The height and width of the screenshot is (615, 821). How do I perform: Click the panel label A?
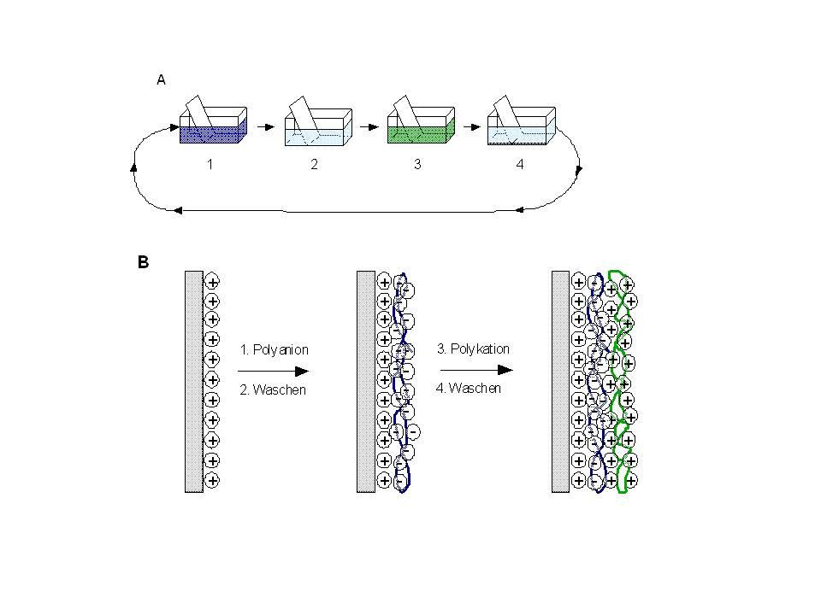(160, 79)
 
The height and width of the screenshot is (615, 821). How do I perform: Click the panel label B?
(144, 263)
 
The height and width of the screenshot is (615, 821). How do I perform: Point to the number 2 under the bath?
(314, 165)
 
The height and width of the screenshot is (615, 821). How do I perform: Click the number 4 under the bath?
(520, 165)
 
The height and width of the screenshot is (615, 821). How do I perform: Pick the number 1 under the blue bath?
(210, 165)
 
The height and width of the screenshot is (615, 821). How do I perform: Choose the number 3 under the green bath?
(417, 164)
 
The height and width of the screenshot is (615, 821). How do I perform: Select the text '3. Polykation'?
(474, 349)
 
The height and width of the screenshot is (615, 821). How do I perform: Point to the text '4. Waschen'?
(470, 389)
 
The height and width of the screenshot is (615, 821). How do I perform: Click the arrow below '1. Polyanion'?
(272, 371)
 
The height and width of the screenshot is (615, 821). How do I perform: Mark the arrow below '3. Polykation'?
(475, 370)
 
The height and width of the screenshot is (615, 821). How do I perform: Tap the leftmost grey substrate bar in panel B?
(193, 381)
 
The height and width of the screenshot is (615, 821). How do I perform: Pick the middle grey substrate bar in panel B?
(365, 381)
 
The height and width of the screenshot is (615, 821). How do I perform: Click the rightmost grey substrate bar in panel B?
(560, 381)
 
